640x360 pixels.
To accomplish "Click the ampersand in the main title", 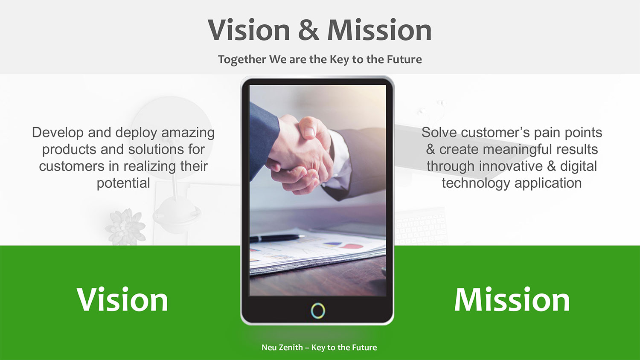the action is coord(308,30).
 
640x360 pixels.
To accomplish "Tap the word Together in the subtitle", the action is coord(242,59).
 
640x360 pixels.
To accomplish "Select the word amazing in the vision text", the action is coord(188,133).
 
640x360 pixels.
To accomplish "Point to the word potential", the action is coord(123,183).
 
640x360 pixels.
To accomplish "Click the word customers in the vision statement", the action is coord(72,166).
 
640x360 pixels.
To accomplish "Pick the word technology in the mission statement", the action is coord(476,183).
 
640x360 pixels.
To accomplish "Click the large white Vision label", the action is coord(122,299).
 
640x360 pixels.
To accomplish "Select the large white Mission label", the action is coord(512,299).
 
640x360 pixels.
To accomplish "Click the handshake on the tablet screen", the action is coord(300,154).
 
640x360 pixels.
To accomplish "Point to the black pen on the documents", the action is coord(277,238).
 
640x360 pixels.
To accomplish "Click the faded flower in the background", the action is coord(125,227).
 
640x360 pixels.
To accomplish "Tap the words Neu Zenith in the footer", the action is coord(282,348).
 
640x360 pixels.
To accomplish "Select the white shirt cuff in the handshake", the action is coord(340,160).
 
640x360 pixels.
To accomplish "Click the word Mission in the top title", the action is coord(379,30).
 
